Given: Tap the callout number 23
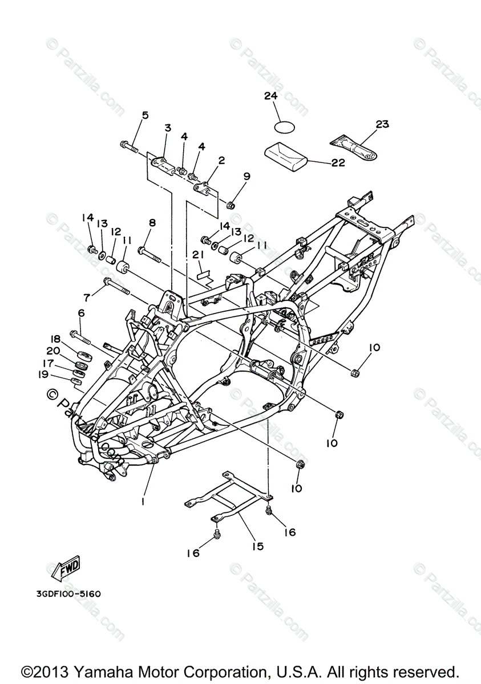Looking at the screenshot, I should (382, 124).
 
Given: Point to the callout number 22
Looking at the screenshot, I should (338, 162).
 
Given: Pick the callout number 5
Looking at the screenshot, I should (145, 115).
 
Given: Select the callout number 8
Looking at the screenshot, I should (152, 222).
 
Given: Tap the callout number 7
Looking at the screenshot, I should (87, 297).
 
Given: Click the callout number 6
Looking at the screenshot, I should (81, 313).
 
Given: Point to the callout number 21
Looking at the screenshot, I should (198, 254).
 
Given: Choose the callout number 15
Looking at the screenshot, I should (258, 546).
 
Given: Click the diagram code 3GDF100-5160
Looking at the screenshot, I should (67, 593).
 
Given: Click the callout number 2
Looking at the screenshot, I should (221, 160).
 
